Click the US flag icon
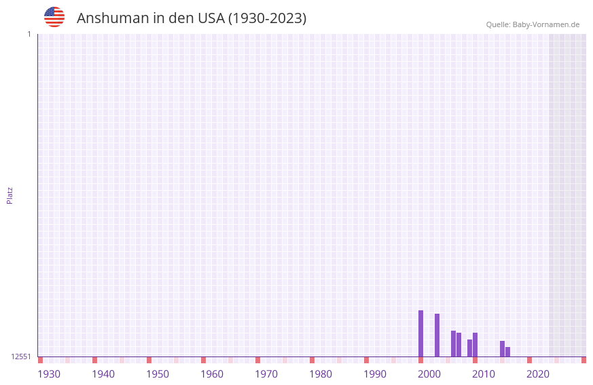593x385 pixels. tap(54, 17)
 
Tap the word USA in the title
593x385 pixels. tap(211, 18)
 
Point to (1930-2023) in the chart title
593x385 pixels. tap(267, 18)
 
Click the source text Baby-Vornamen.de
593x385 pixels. tap(545, 24)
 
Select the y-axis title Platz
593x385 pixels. tap(10, 195)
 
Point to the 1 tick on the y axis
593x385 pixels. tap(29, 34)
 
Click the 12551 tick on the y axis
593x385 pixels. tap(21, 356)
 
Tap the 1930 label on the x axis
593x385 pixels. tap(49, 374)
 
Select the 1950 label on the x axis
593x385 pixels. tap(158, 374)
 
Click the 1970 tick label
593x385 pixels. tap(266, 374)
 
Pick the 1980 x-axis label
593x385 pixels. tap(321, 374)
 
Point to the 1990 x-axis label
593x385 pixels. tap(375, 374)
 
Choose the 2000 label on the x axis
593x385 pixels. tap(429, 374)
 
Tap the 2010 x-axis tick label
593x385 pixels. tap(484, 374)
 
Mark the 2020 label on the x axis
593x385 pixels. tap(538, 374)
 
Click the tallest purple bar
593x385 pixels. tap(420, 333)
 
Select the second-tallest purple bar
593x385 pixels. tap(437, 335)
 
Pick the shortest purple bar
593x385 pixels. tap(507, 352)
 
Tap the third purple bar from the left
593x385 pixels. tap(453, 344)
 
